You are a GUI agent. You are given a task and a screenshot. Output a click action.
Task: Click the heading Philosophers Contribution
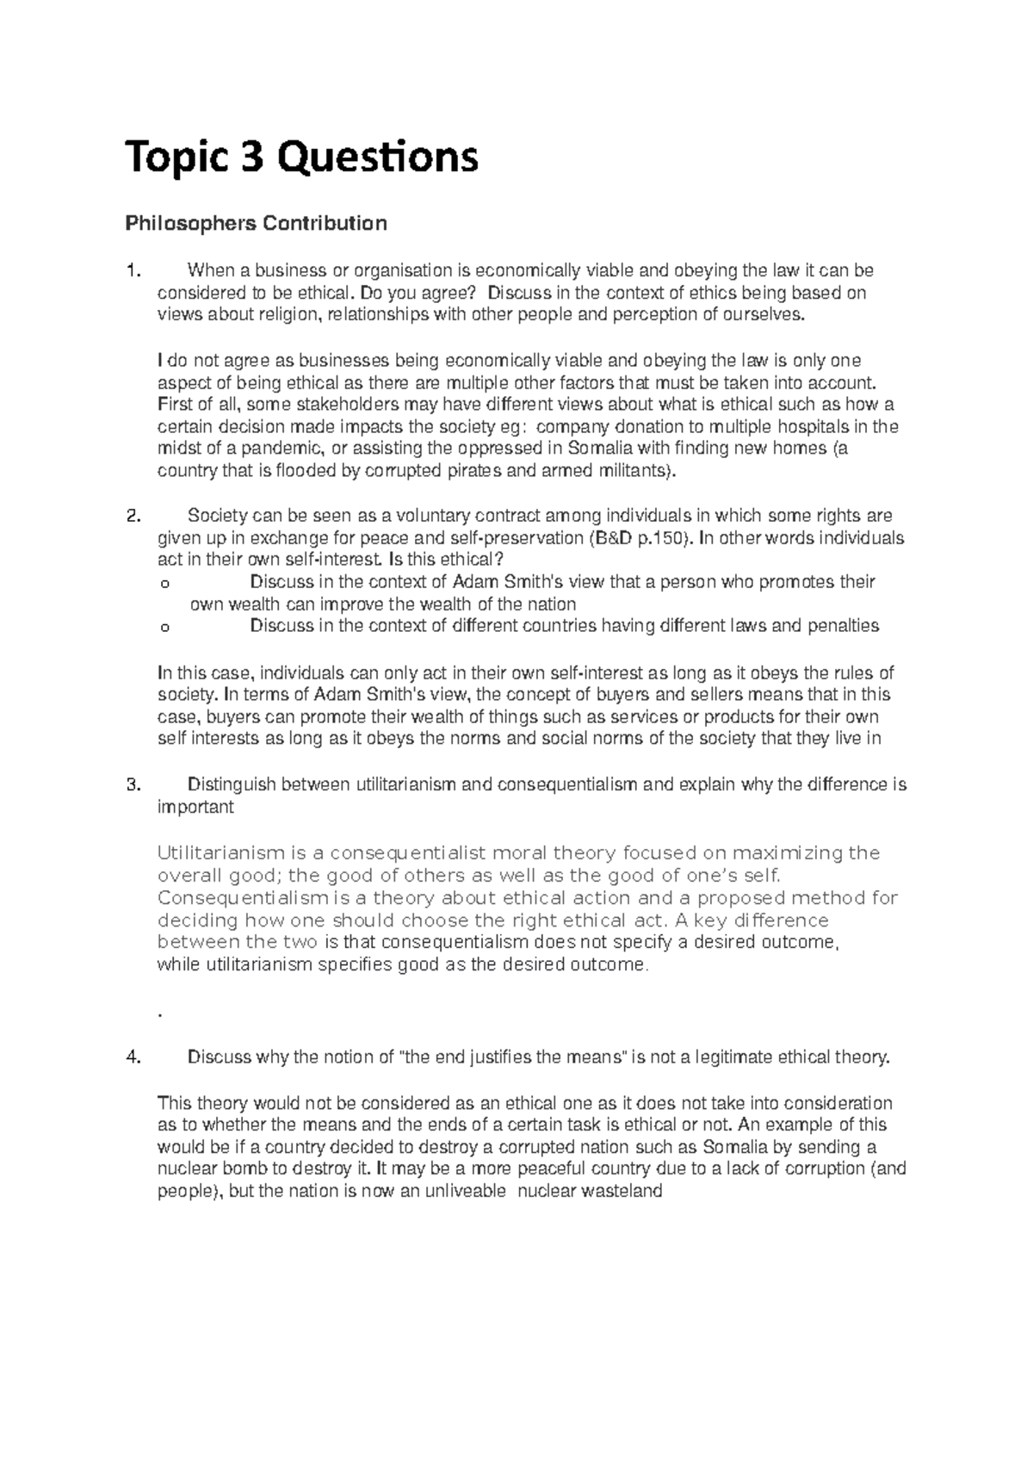coord(256,225)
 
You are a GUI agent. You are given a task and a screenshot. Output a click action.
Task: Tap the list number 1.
coord(132,271)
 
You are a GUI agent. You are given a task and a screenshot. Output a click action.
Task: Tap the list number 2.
coord(132,517)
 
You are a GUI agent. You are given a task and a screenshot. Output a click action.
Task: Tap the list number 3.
coord(132,785)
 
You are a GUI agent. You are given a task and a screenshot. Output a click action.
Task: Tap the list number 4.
coord(132,1058)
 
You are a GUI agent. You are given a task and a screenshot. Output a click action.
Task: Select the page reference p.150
coord(664,539)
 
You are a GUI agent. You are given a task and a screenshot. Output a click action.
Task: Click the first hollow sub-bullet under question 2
coord(164,584)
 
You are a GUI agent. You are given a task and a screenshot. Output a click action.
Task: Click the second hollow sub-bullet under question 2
coord(164,628)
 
